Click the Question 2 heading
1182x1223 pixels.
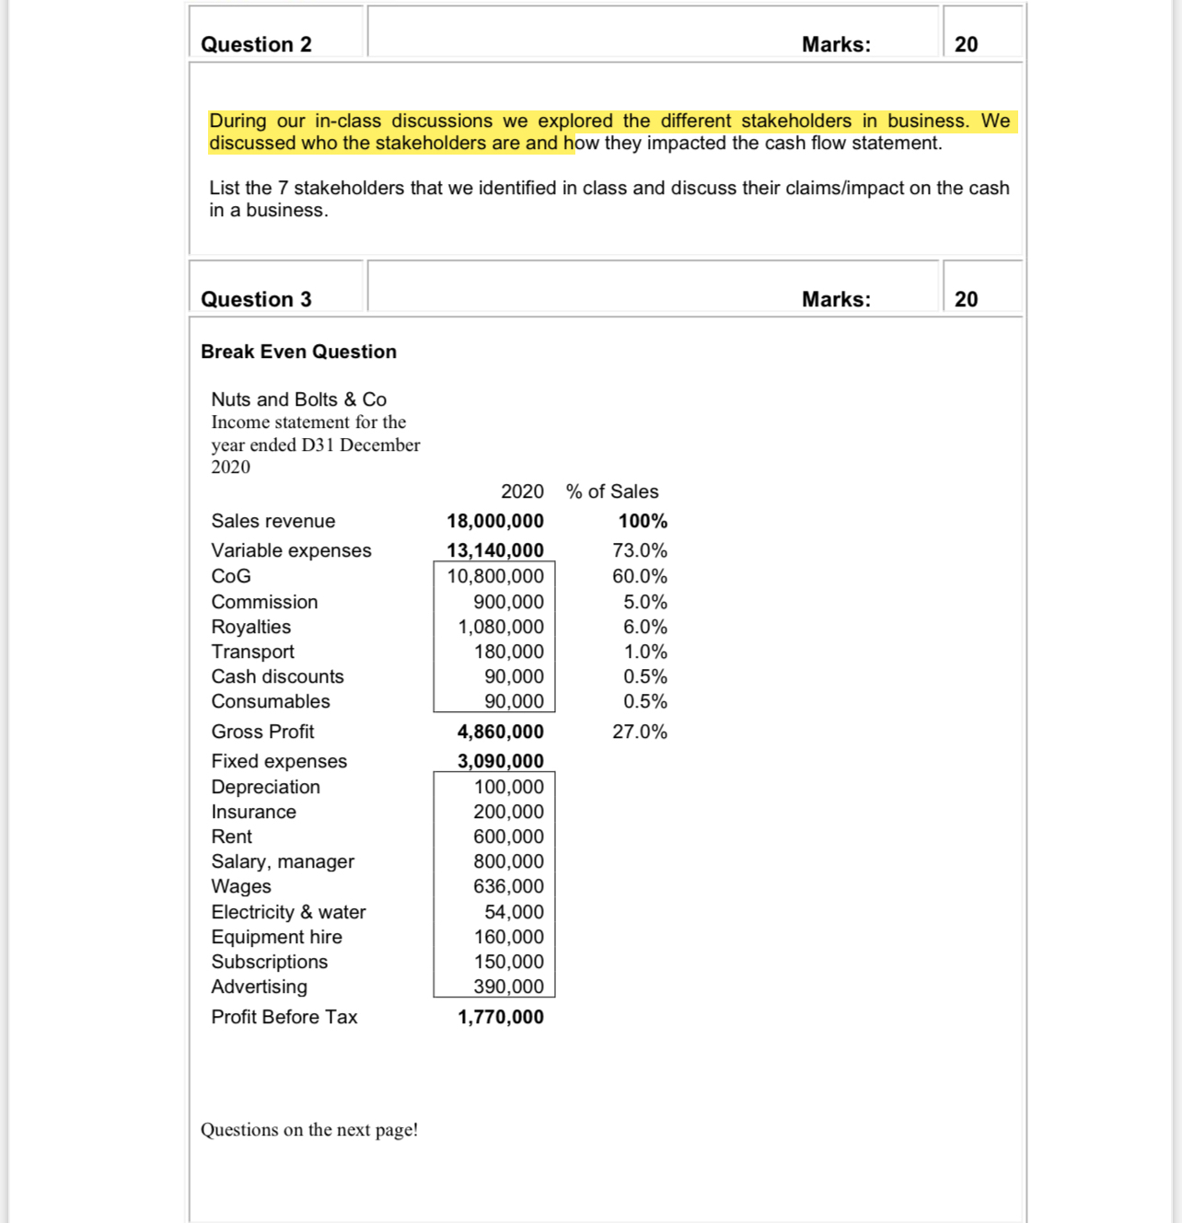point(256,44)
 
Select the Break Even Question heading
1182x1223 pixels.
point(298,352)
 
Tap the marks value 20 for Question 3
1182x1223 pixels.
point(966,299)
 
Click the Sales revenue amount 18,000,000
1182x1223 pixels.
point(495,521)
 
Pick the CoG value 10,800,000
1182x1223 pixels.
point(495,576)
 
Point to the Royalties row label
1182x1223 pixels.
point(250,627)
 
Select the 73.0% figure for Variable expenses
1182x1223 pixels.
point(640,550)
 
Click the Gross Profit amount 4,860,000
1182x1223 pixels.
point(500,732)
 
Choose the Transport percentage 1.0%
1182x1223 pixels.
point(644,652)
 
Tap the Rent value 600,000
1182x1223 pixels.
point(508,836)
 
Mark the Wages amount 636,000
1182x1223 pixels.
point(508,886)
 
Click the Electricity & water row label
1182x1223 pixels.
point(288,912)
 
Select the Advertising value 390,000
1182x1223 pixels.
point(508,986)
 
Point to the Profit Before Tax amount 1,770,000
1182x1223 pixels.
point(500,1017)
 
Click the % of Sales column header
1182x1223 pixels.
point(612,491)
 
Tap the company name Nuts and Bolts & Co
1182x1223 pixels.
point(298,399)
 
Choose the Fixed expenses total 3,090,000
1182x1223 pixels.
point(500,761)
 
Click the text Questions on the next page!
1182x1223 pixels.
point(309,1129)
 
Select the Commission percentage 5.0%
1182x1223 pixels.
point(644,602)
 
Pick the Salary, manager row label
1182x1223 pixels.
point(283,861)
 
